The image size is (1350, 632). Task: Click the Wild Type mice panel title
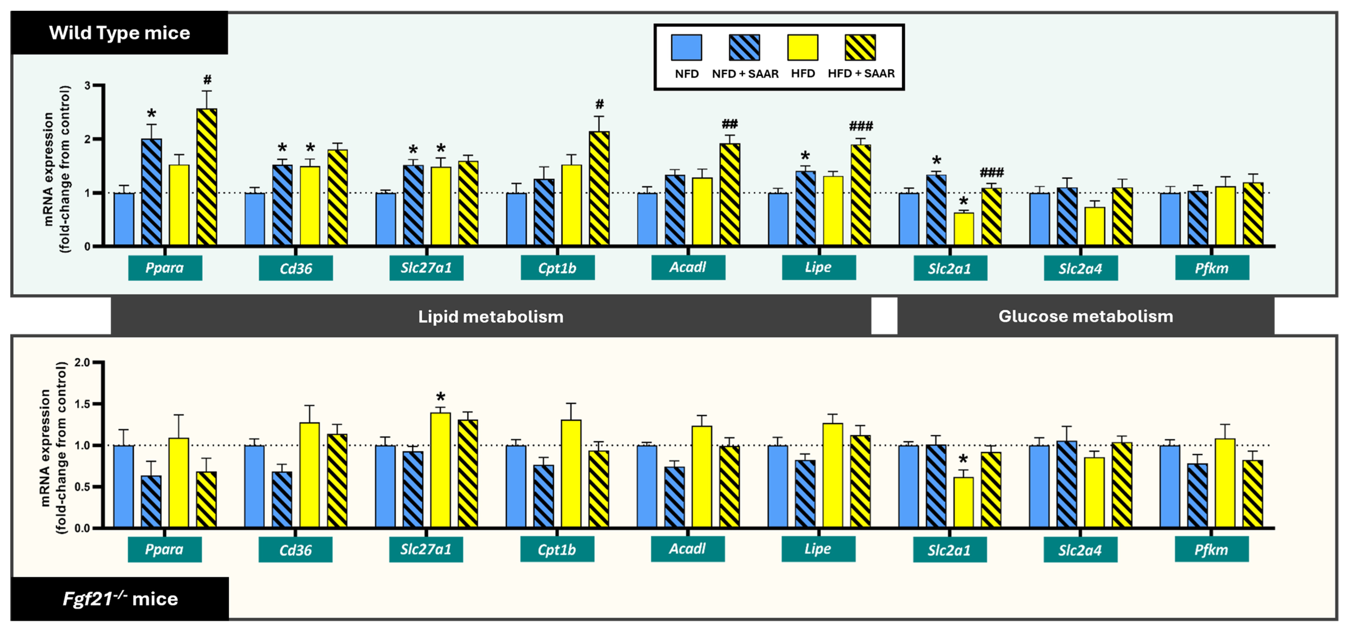pyautogui.click(x=119, y=33)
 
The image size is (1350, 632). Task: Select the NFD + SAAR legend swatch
pyautogui.click(x=744, y=48)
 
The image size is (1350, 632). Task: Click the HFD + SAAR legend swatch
pyautogui.click(x=860, y=48)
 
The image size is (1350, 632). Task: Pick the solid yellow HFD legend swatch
pyautogui.click(x=802, y=48)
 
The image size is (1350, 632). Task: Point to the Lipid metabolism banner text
pyautogui.click(x=490, y=317)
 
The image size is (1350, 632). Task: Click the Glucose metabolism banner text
pyautogui.click(x=1085, y=316)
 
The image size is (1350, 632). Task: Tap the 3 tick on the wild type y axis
pyautogui.click(x=87, y=85)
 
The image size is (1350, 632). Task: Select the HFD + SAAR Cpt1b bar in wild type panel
pyautogui.click(x=599, y=189)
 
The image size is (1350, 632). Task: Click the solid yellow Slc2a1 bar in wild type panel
pyautogui.click(x=964, y=229)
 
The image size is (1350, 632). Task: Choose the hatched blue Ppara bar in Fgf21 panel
pyautogui.click(x=151, y=501)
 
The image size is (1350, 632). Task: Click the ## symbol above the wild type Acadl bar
pyautogui.click(x=729, y=124)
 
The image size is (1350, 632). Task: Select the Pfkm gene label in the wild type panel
pyautogui.click(x=1212, y=268)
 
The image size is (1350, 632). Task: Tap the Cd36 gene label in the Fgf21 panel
pyautogui.click(x=296, y=550)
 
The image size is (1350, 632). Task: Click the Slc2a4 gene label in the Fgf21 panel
pyautogui.click(x=1080, y=550)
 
